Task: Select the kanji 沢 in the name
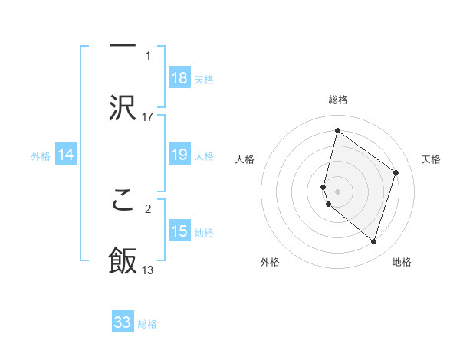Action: (x=123, y=106)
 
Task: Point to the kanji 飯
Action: (x=123, y=261)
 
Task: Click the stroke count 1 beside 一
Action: (x=148, y=56)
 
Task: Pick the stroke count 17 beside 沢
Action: (x=148, y=116)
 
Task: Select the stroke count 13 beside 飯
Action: (x=148, y=270)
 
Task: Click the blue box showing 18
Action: (x=179, y=78)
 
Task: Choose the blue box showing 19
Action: (x=179, y=155)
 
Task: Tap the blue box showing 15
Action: (x=179, y=231)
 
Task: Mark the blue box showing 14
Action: (x=66, y=155)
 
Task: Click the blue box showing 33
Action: (x=123, y=322)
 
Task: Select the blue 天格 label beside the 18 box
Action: (x=204, y=79)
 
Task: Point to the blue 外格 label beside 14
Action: (x=41, y=156)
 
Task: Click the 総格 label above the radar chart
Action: (x=337, y=100)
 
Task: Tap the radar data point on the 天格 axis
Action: (x=396, y=172)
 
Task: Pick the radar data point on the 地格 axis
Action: (x=374, y=242)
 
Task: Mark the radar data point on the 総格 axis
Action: (x=337, y=131)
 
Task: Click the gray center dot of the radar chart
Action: (x=337, y=191)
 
